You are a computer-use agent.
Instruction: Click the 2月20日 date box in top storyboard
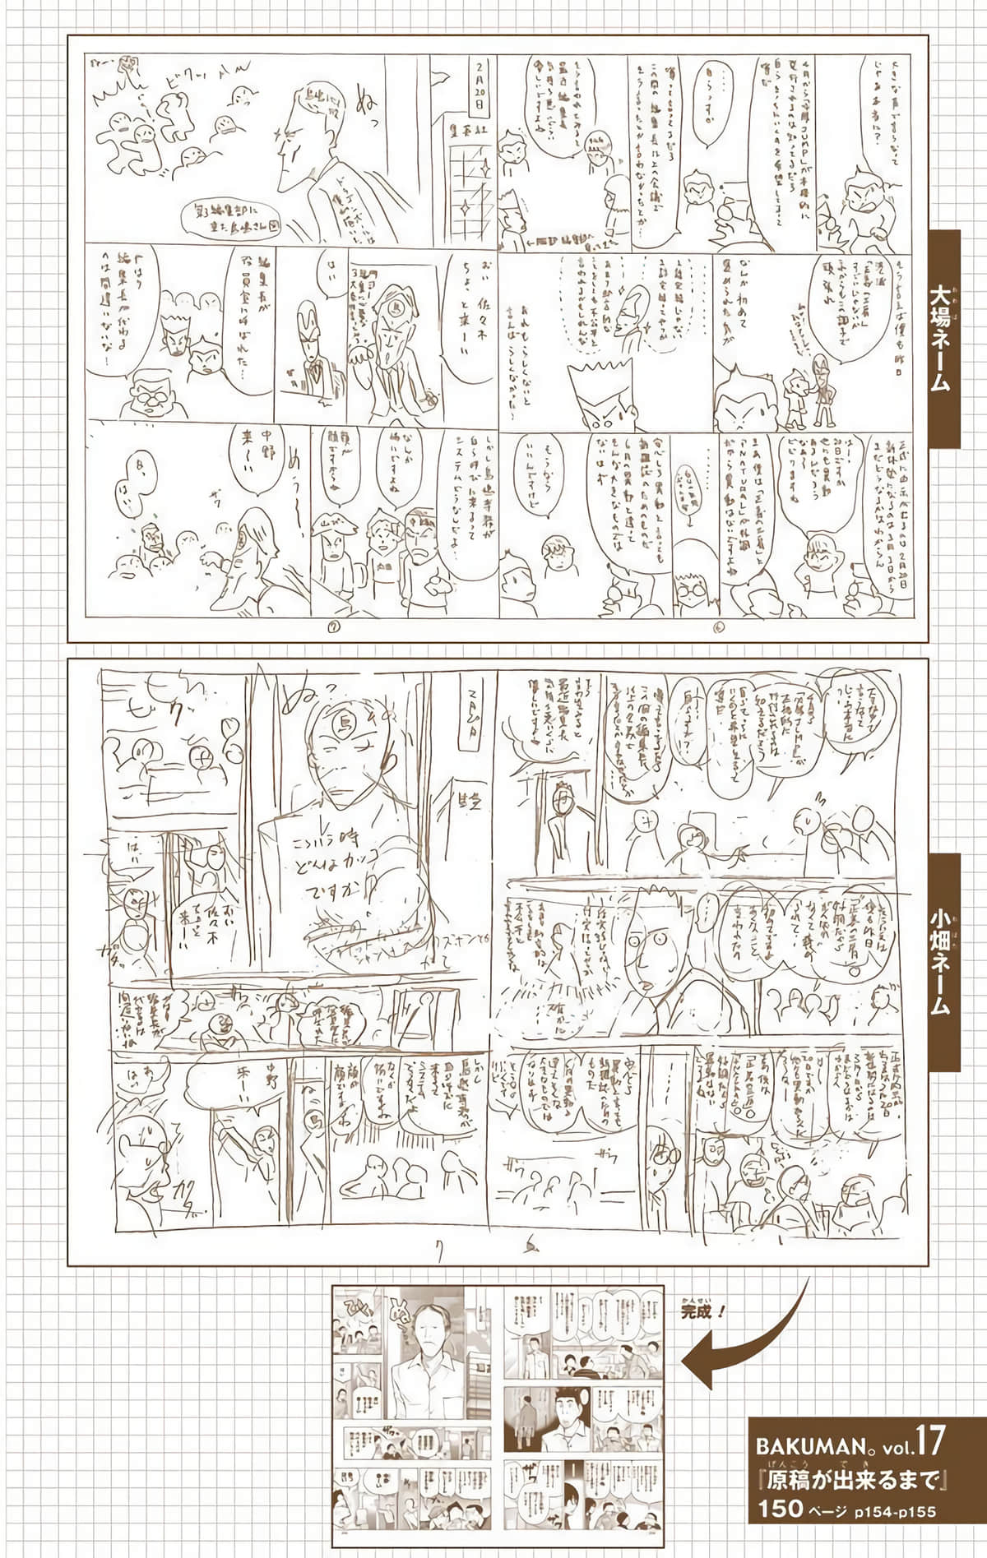pos(476,88)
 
